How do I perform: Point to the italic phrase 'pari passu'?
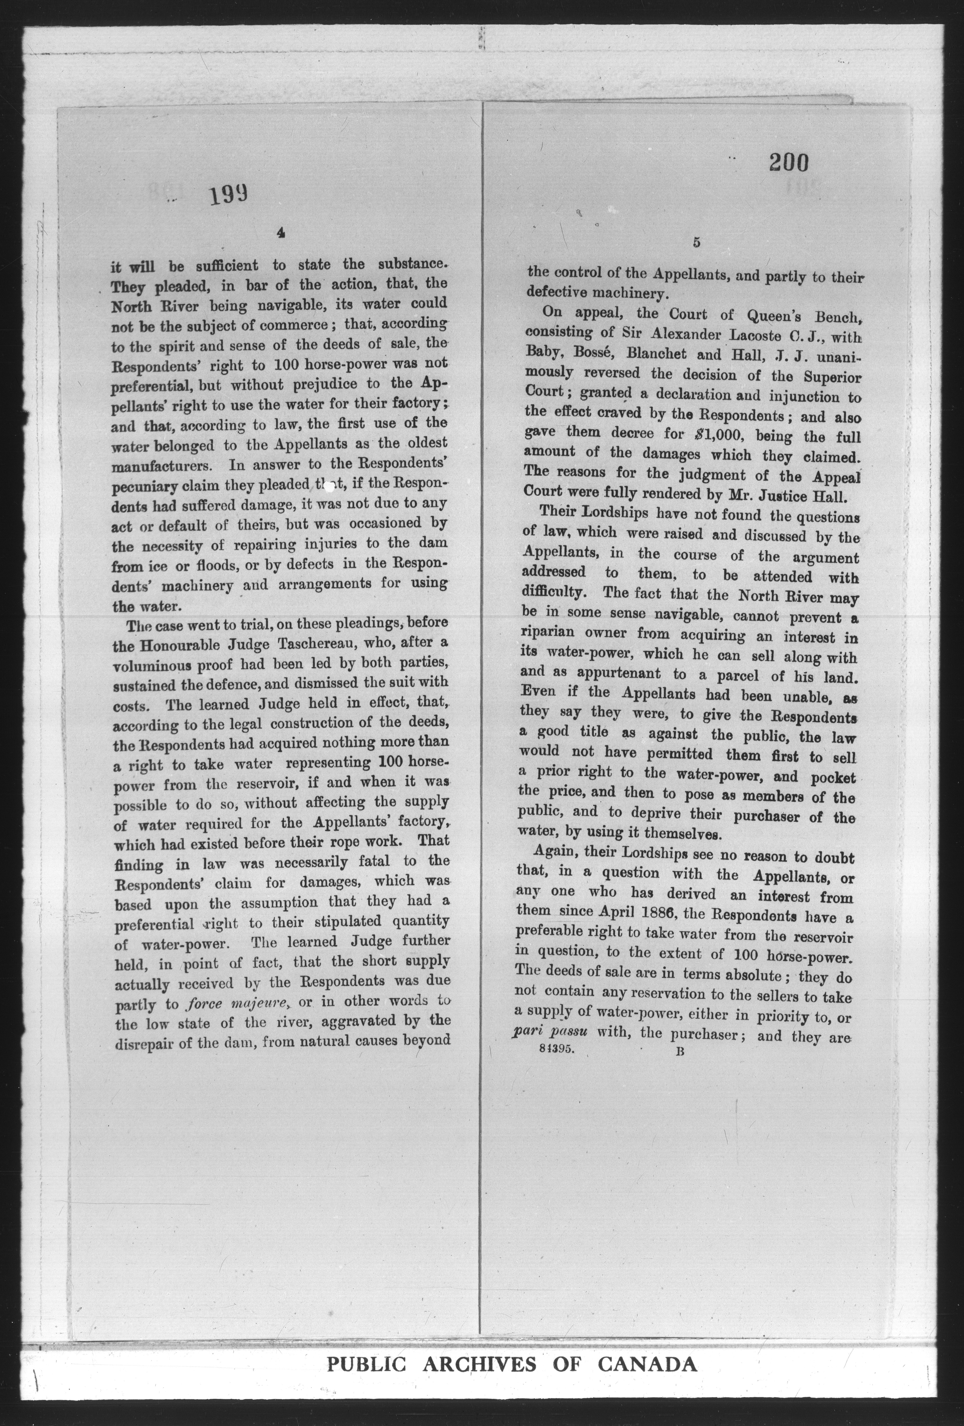pyautogui.click(x=550, y=1031)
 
